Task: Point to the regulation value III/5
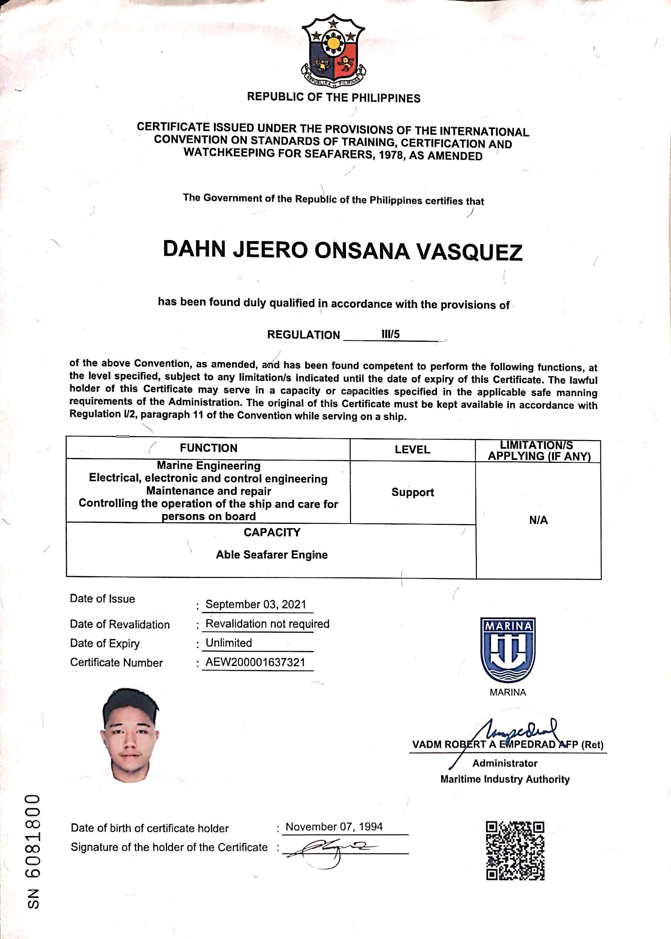[391, 334]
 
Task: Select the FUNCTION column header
[208, 448]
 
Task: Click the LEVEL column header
[412, 449]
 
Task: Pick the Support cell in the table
[412, 492]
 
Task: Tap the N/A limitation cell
[539, 520]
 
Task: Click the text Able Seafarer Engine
[272, 555]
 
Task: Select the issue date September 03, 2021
[256, 604]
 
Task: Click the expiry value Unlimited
[228, 643]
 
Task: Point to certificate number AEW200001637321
[255, 662]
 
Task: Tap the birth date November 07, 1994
[334, 827]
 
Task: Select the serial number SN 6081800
[33, 851]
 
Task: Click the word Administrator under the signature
[505, 763]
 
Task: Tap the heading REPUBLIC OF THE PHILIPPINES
[334, 98]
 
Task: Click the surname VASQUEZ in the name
[469, 252]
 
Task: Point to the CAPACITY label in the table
[272, 532]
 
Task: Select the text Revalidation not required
[267, 624]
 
